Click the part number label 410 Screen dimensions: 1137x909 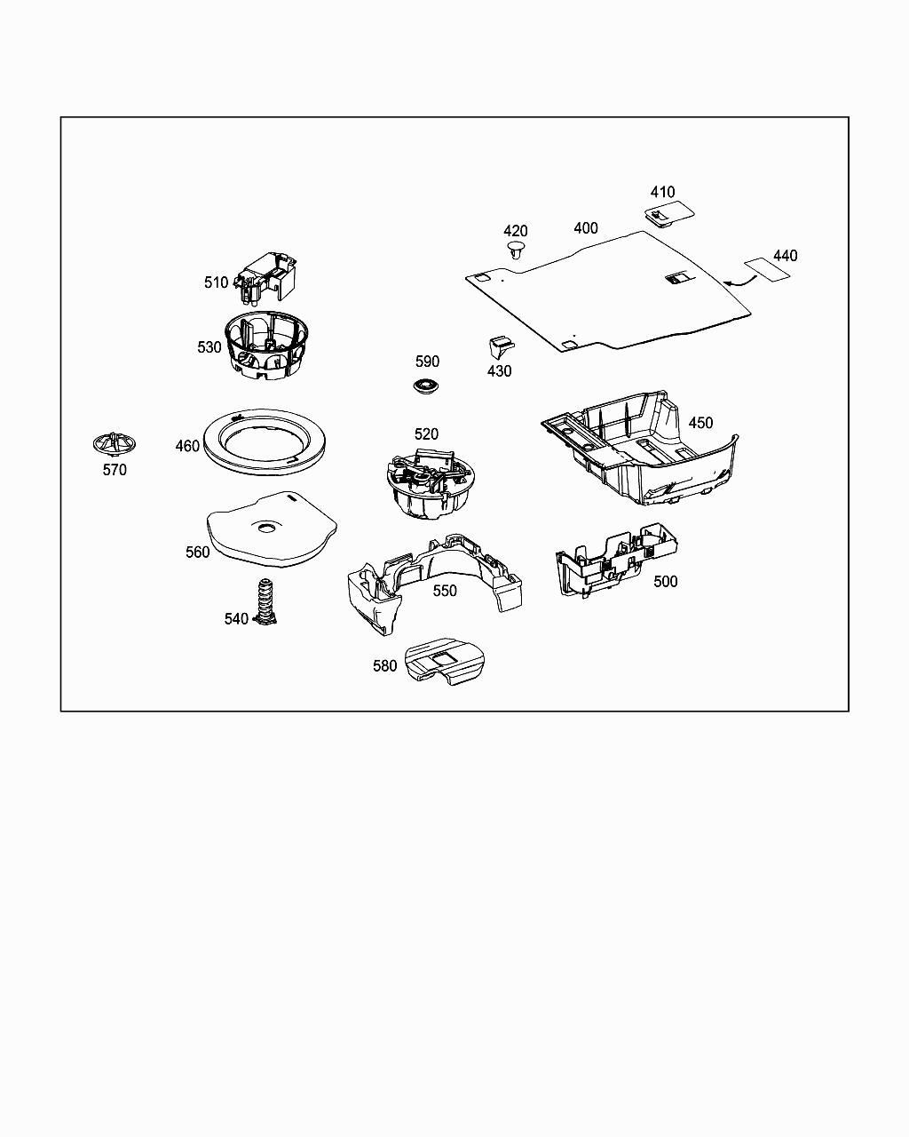(662, 192)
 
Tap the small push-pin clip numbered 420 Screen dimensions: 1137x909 (515, 250)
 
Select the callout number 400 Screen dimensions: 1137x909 (585, 228)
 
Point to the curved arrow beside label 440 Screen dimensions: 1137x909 (739, 280)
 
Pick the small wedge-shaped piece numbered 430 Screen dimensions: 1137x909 (500, 346)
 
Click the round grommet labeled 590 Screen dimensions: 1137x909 (427, 386)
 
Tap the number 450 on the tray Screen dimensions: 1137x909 (700, 423)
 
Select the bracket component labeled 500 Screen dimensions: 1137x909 (613, 560)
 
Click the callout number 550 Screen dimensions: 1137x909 (444, 591)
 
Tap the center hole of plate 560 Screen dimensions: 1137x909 (265, 529)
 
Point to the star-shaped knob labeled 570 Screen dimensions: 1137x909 (114, 442)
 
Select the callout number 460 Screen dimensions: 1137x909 (187, 446)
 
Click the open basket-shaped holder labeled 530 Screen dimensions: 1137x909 (266, 346)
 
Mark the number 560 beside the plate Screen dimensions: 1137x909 (197, 553)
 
